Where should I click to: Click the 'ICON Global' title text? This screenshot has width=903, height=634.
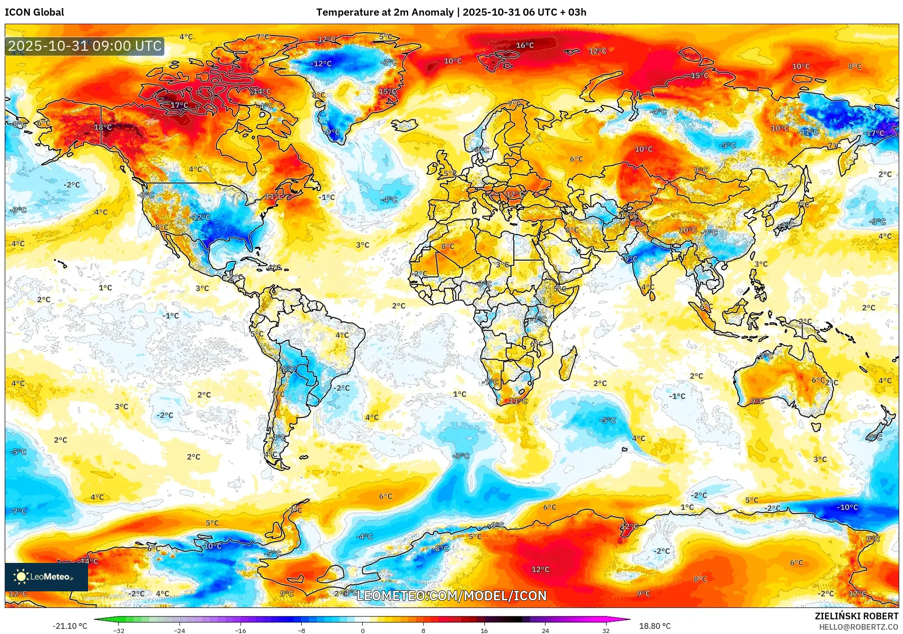[34, 12]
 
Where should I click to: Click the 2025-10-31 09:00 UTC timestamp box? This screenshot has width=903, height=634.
[85, 46]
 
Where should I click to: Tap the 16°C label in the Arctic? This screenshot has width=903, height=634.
[525, 45]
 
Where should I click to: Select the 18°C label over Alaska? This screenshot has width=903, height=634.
[103, 127]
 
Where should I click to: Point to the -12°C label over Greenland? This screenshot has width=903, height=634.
[321, 63]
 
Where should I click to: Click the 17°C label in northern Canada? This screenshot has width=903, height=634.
[179, 105]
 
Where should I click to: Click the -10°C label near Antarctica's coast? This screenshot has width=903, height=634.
[847, 507]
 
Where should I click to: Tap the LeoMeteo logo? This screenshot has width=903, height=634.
[46, 577]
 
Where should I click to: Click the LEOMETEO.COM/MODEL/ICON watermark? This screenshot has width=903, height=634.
[451, 596]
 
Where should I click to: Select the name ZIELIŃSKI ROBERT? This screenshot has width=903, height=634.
[856, 616]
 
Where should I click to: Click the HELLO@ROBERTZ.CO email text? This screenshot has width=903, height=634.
[858, 627]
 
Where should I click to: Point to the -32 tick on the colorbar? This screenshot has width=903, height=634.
[119, 630]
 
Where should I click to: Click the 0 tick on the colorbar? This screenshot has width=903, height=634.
[363, 630]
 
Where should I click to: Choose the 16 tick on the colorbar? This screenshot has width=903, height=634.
[484, 630]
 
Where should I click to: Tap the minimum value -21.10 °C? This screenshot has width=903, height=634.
[70, 626]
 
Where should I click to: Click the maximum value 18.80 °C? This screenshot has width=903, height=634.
[654, 626]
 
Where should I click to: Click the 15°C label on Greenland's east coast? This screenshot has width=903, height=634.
[387, 91]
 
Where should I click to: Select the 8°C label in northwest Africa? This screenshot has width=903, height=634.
[447, 246]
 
